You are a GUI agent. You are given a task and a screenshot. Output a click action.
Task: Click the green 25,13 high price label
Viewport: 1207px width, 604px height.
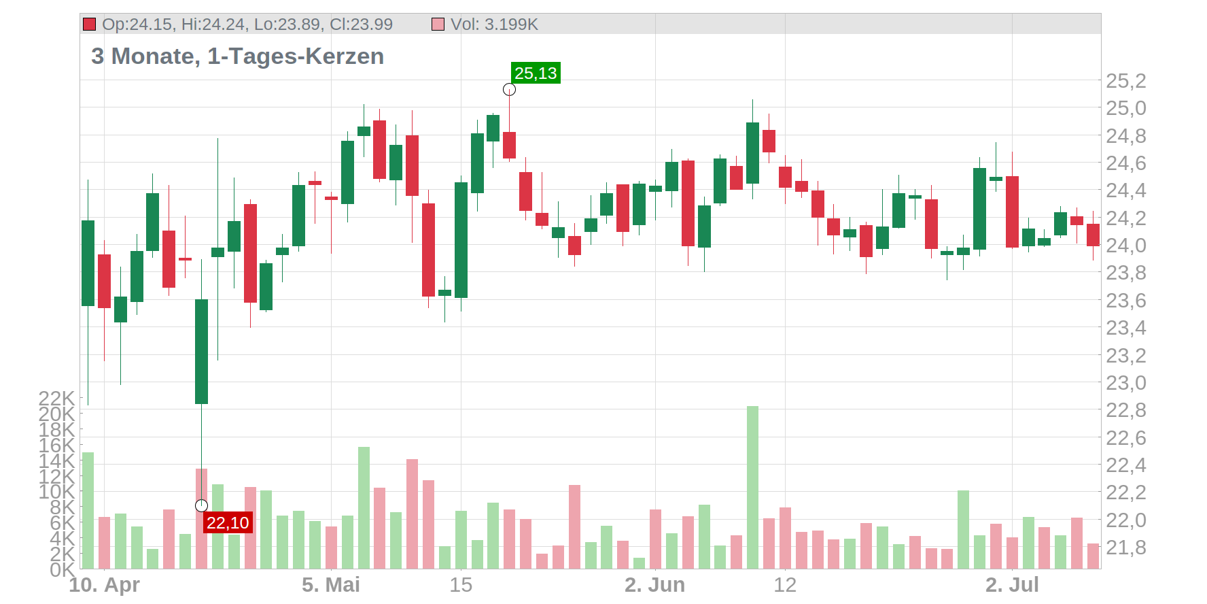(536, 73)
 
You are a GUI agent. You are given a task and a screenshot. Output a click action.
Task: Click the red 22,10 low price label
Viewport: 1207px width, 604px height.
(228, 522)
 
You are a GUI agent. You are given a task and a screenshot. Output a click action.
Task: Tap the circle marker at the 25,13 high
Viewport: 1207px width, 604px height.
(509, 90)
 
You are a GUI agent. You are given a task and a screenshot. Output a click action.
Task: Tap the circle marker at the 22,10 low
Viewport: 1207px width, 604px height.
(201, 505)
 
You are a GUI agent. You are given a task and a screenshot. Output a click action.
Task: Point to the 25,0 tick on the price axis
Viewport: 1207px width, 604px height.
(1125, 108)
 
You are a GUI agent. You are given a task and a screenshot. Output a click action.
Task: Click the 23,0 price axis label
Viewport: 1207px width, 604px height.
(1125, 383)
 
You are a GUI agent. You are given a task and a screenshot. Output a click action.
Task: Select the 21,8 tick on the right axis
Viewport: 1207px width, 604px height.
(1125, 548)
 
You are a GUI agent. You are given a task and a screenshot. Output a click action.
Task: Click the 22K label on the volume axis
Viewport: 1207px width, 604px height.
(56, 398)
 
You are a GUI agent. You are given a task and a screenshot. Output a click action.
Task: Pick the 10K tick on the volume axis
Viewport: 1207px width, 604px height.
(56, 491)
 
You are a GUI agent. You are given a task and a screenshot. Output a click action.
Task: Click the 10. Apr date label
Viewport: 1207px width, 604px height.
(104, 585)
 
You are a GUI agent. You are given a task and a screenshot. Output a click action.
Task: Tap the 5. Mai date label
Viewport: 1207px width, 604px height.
(331, 585)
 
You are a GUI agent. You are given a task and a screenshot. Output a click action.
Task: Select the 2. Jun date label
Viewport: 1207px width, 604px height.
(654, 585)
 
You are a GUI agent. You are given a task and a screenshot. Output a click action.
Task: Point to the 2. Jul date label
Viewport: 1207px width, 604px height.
(1012, 585)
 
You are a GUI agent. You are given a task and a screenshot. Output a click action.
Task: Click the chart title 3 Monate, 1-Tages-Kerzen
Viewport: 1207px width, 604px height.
(237, 56)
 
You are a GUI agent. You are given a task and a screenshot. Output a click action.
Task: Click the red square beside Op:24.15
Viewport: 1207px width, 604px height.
(89, 24)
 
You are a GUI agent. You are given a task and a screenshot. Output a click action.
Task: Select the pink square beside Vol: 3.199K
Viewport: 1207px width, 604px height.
(438, 24)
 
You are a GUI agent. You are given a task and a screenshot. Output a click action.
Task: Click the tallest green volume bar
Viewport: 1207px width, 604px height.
(752, 487)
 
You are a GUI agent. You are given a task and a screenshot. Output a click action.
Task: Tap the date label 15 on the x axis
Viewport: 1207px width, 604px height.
(461, 585)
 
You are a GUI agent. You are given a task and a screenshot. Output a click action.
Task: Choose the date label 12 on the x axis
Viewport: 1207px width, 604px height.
(785, 585)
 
